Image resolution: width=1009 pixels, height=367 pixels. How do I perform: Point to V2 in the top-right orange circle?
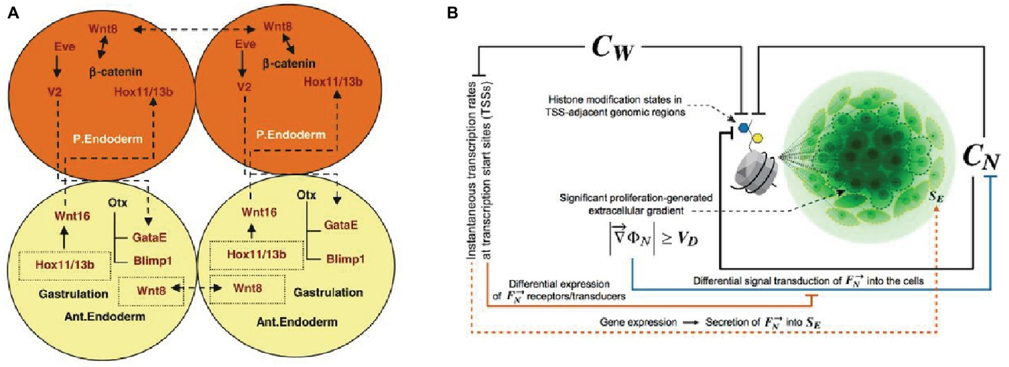click(x=244, y=86)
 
